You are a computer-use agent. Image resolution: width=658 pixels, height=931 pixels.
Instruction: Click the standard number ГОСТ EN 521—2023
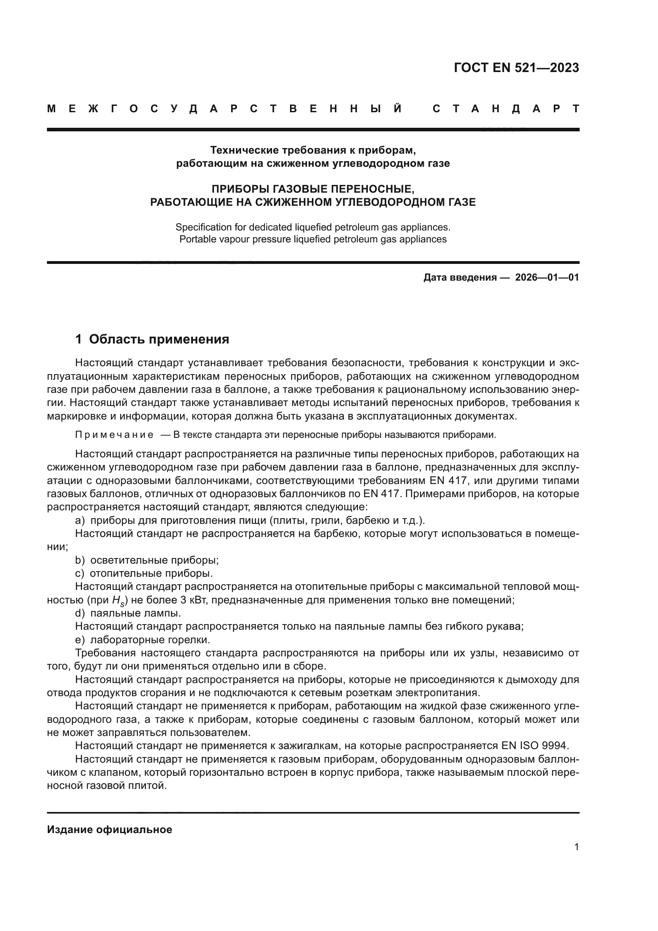click(516, 68)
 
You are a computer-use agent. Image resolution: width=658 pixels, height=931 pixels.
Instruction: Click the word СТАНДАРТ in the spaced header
click(506, 109)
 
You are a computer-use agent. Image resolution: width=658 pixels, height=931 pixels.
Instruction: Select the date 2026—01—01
click(547, 277)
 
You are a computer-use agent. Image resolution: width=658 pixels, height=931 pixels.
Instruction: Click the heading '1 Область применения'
click(152, 339)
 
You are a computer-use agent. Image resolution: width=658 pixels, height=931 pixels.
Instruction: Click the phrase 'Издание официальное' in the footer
click(109, 829)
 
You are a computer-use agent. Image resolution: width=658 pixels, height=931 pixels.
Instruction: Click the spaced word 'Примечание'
click(114, 435)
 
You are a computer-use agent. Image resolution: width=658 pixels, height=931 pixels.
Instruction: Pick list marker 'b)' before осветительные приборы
click(80, 560)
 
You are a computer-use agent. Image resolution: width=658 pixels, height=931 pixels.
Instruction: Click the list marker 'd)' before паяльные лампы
click(80, 613)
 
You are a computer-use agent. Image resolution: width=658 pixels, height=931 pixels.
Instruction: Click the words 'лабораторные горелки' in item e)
click(150, 640)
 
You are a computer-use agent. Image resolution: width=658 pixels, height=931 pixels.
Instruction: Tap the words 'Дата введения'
click(460, 277)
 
